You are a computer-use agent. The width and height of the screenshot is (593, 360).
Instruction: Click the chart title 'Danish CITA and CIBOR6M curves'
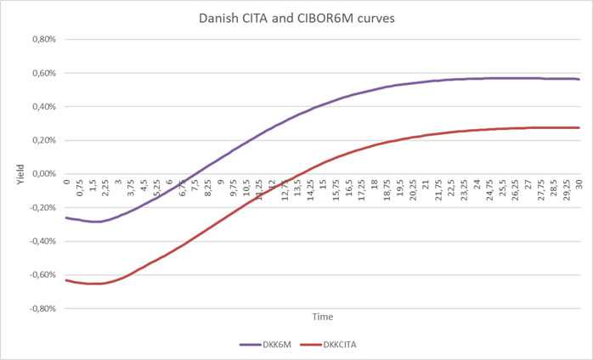pos(296,17)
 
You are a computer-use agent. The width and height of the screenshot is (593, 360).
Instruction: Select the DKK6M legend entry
pos(266,346)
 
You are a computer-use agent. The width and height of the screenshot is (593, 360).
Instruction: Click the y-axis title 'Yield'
pos(18,174)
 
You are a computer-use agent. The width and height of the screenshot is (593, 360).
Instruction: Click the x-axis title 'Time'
pos(322,317)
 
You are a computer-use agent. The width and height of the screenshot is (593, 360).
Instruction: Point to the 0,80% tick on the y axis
pos(41,39)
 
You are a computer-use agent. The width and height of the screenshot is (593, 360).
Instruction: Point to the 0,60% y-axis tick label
pos(41,73)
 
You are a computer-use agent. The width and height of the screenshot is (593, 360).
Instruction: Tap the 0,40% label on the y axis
pos(41,107)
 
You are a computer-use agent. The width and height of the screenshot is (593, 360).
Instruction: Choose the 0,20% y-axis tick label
pos(41,140)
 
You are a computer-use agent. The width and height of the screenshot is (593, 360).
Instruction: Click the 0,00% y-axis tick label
pos(41,174)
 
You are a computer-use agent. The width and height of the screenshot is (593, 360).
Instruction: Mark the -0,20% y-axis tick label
pos(39,208)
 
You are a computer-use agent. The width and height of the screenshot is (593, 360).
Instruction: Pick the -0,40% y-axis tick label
pos(39,241)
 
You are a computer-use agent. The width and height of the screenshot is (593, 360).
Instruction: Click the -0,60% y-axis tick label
pos(39,275)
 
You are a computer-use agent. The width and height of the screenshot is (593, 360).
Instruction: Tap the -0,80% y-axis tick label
pos(39,309)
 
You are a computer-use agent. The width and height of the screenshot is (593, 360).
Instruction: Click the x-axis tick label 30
pos(579,183)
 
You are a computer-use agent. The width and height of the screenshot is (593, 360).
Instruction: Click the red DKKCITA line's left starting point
pos(65,280)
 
